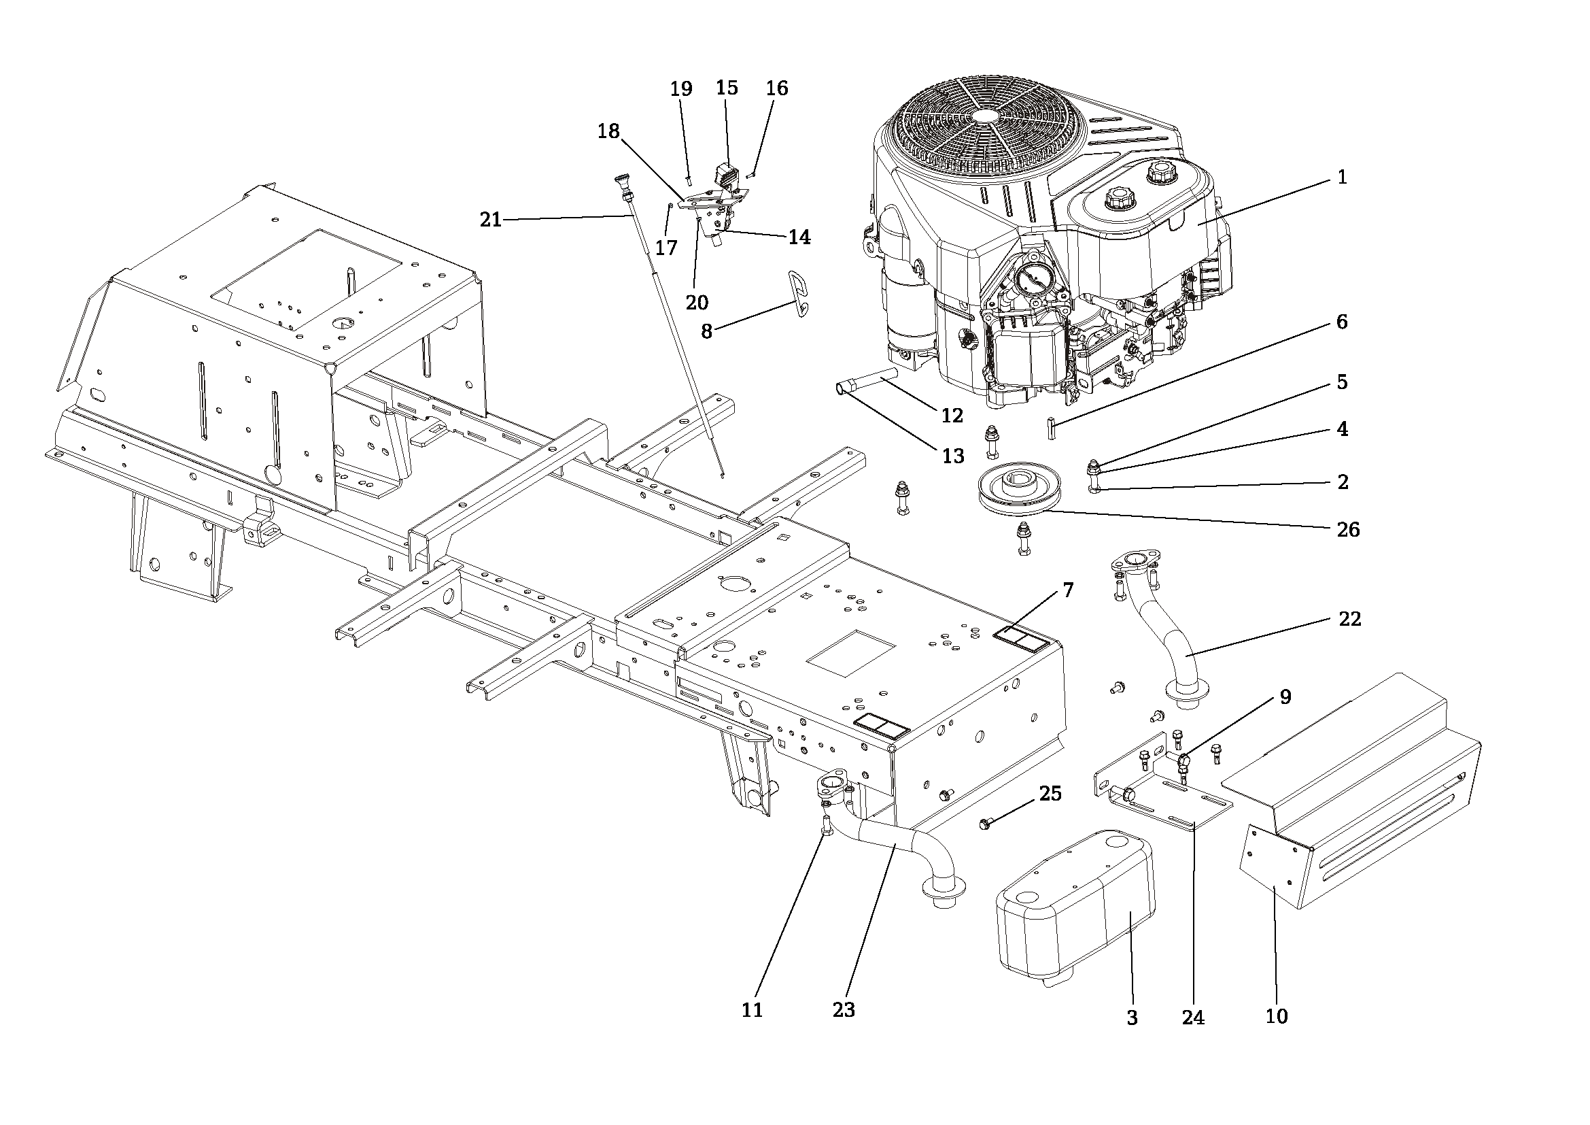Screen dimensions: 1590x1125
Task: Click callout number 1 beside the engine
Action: pos(1342,178)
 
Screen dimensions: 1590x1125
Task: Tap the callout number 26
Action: pos(1348,530)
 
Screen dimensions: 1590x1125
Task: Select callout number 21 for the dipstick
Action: pos(491,220)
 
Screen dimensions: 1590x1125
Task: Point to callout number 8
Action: pos(706,332)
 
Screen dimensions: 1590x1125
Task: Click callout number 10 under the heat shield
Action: pos(1277,1016)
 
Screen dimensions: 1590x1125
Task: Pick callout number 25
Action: pos(1050,794)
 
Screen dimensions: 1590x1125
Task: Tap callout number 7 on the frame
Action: pos(1068,590)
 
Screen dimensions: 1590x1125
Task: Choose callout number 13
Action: pos(954,456)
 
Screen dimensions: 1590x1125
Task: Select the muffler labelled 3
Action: pos(1075,909)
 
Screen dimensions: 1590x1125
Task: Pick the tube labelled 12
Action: pos(867,382)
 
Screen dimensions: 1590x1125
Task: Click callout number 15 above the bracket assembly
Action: pos(727,88)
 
